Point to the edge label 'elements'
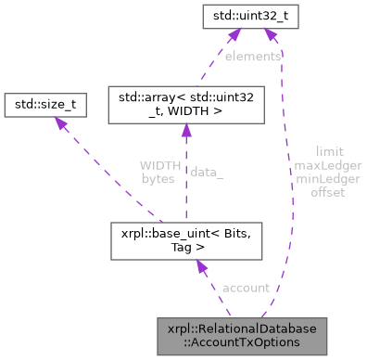pos(253,57)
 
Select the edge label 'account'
pos(247,288)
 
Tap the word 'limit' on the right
pos(328,149)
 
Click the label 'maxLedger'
pos(328,164)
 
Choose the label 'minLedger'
pos(328,178)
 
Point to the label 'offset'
pos(328,192)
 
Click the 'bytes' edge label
pos(158,178)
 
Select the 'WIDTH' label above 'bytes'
pos(158,164)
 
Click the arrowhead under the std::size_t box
pos(57,126)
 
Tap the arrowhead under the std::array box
pos(185,133)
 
